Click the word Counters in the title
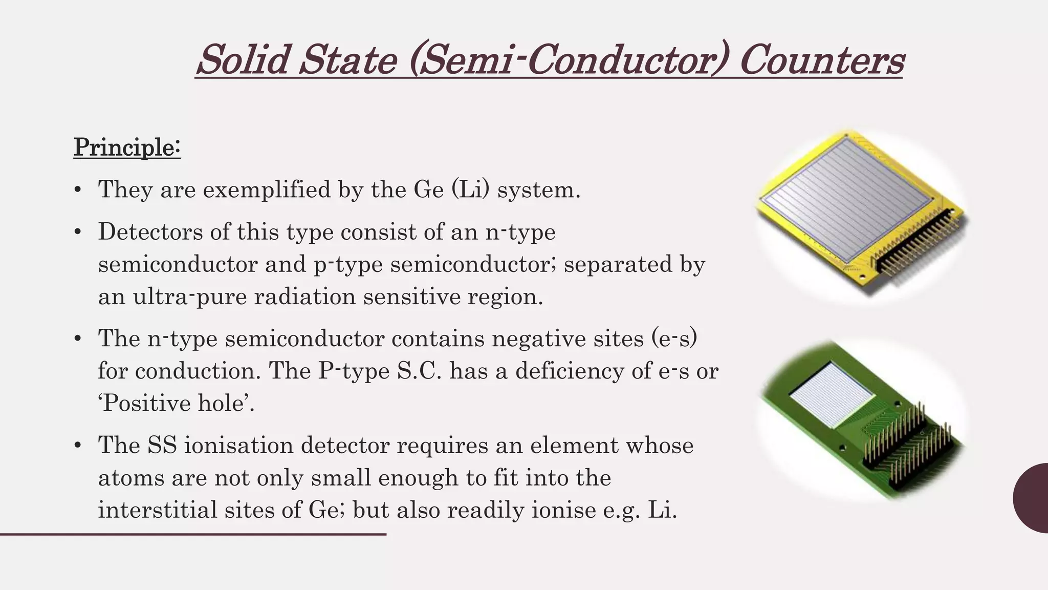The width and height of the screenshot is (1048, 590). [821, 60]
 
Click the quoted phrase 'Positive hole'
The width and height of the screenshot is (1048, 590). [176, 404]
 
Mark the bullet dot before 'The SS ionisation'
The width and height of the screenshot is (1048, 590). [78, 446]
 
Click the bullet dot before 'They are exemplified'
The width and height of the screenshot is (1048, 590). [78, 190]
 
